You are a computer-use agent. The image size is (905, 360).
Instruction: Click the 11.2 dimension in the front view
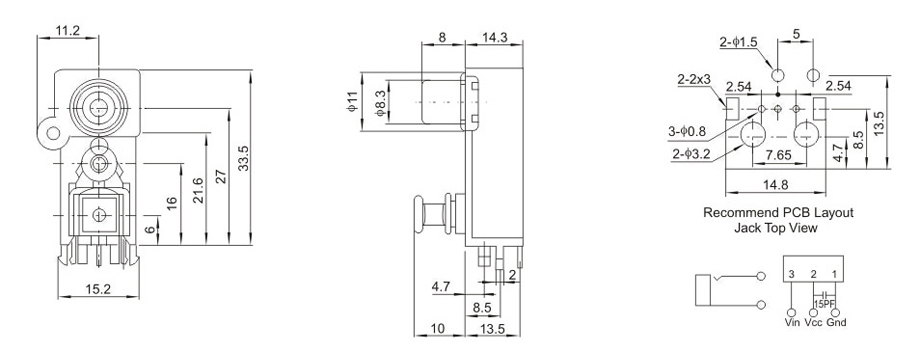68,31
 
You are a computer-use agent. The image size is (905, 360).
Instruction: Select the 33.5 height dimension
243,158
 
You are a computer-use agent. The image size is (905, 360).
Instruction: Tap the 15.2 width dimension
98,289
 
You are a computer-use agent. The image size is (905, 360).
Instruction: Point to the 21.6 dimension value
197,190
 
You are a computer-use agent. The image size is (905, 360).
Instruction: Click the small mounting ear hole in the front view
53,134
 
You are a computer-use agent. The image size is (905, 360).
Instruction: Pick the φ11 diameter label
352,102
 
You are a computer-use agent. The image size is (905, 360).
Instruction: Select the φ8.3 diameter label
379,102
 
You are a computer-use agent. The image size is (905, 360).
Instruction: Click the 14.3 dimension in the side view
495,38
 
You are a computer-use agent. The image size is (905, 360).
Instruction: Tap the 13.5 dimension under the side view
493,329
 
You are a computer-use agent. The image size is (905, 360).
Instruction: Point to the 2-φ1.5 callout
738,42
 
